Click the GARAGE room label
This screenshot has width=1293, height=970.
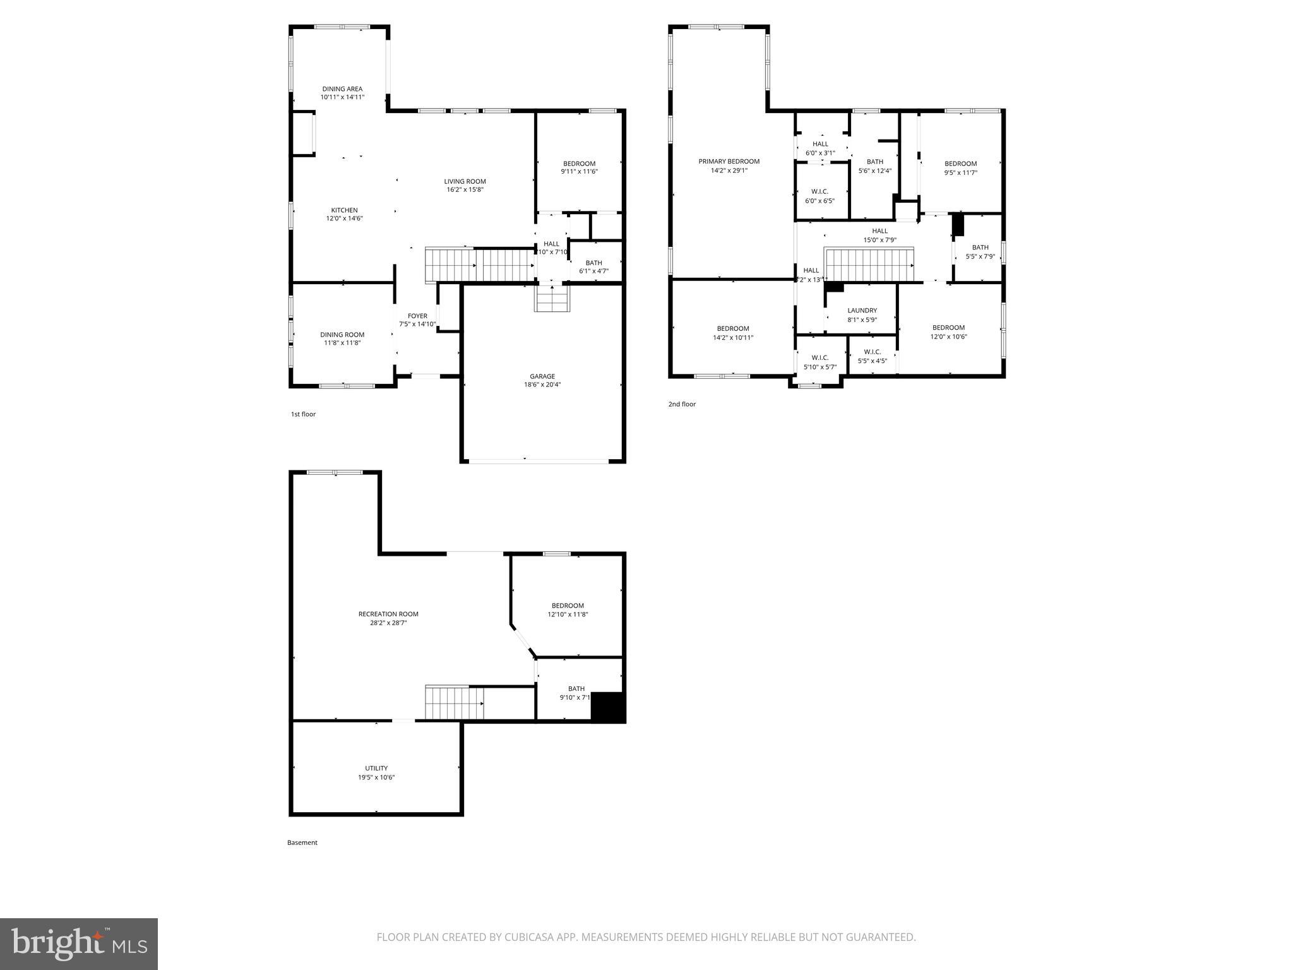[542, 376]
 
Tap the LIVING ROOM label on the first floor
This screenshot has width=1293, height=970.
[465, 182]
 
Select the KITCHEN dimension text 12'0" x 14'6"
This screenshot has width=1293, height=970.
[344, 219]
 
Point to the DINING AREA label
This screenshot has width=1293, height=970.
[342, 89]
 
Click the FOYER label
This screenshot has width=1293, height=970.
[417, 316]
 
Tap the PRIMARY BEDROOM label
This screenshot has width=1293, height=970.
[729, 162]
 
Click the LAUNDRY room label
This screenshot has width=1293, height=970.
[862, 311]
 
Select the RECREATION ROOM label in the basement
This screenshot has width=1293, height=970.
[388, 614]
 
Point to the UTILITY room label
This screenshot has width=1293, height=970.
[376, 769]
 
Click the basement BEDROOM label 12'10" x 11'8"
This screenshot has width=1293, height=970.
[567, 606]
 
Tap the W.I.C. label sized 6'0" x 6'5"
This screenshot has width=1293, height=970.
[819, 192]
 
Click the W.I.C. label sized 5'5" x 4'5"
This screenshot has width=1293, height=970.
[872, 352]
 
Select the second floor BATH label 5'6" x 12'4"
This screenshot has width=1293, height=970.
[874, 162]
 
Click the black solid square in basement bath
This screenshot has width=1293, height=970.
[607, 707]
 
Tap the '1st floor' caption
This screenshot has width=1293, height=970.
[303, 414]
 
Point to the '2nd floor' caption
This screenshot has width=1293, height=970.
[682, 404]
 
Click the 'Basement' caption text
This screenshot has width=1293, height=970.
[302, 842]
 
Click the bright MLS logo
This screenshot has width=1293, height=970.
[79, 943]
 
